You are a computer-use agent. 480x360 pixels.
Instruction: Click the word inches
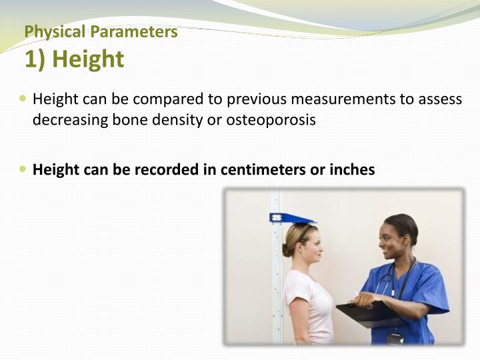point(352,170)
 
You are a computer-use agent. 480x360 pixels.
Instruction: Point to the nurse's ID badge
point(395,337)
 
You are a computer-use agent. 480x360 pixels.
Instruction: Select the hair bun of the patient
point(287,249)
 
